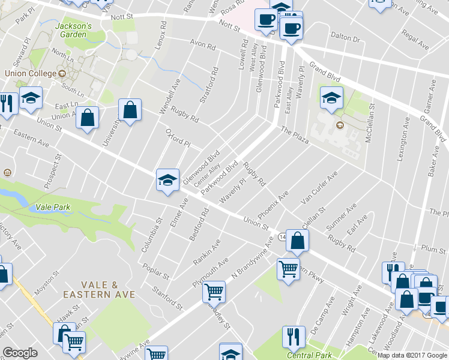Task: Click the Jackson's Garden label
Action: pos(73,30)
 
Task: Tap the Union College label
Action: pos(30,73)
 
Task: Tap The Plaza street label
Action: pos(294,136)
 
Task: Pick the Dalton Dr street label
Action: pos(348,39)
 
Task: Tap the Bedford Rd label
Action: pos(199,225)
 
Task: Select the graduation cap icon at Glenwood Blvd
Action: pos(167,179)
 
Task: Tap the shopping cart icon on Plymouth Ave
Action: pos(214,292)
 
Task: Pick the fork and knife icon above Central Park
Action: pos(294,336)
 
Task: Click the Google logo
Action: pos(20,353)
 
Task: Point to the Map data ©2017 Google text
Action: pos(412,355)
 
